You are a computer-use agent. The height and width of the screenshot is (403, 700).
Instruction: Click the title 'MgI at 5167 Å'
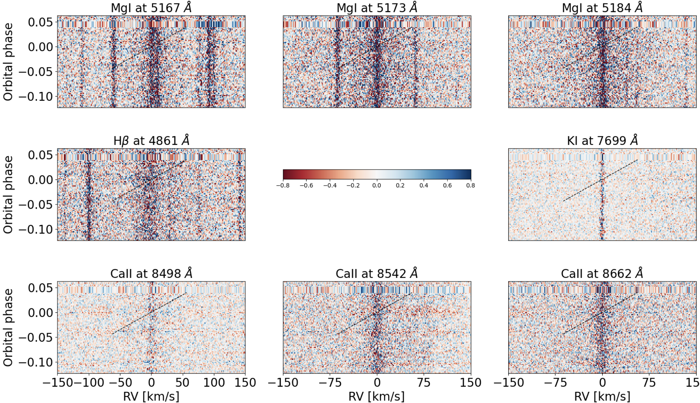151,8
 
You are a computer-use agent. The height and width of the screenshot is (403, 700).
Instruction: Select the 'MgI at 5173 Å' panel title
377,8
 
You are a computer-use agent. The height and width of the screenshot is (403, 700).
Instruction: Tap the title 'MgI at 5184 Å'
602,8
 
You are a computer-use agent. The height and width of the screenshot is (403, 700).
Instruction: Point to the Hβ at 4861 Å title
151,140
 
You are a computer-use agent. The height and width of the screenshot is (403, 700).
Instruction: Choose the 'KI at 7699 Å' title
602,141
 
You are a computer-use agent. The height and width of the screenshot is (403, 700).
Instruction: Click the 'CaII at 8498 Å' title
151,274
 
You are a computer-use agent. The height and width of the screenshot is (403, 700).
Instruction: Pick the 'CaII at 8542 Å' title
377,274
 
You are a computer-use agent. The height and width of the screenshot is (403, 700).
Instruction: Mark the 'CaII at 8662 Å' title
602,274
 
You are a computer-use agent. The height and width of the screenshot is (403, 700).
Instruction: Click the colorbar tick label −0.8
283,186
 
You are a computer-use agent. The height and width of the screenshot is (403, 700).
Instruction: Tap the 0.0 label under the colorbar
377,186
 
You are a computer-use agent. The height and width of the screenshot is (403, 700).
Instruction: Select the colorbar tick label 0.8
471,186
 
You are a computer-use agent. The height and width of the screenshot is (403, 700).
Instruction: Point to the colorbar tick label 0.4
424,186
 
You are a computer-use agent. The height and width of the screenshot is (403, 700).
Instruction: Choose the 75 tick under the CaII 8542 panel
424,382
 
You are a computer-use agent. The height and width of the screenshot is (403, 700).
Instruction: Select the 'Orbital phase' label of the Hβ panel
8,195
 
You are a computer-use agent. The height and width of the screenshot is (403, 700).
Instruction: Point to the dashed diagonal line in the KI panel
600,180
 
